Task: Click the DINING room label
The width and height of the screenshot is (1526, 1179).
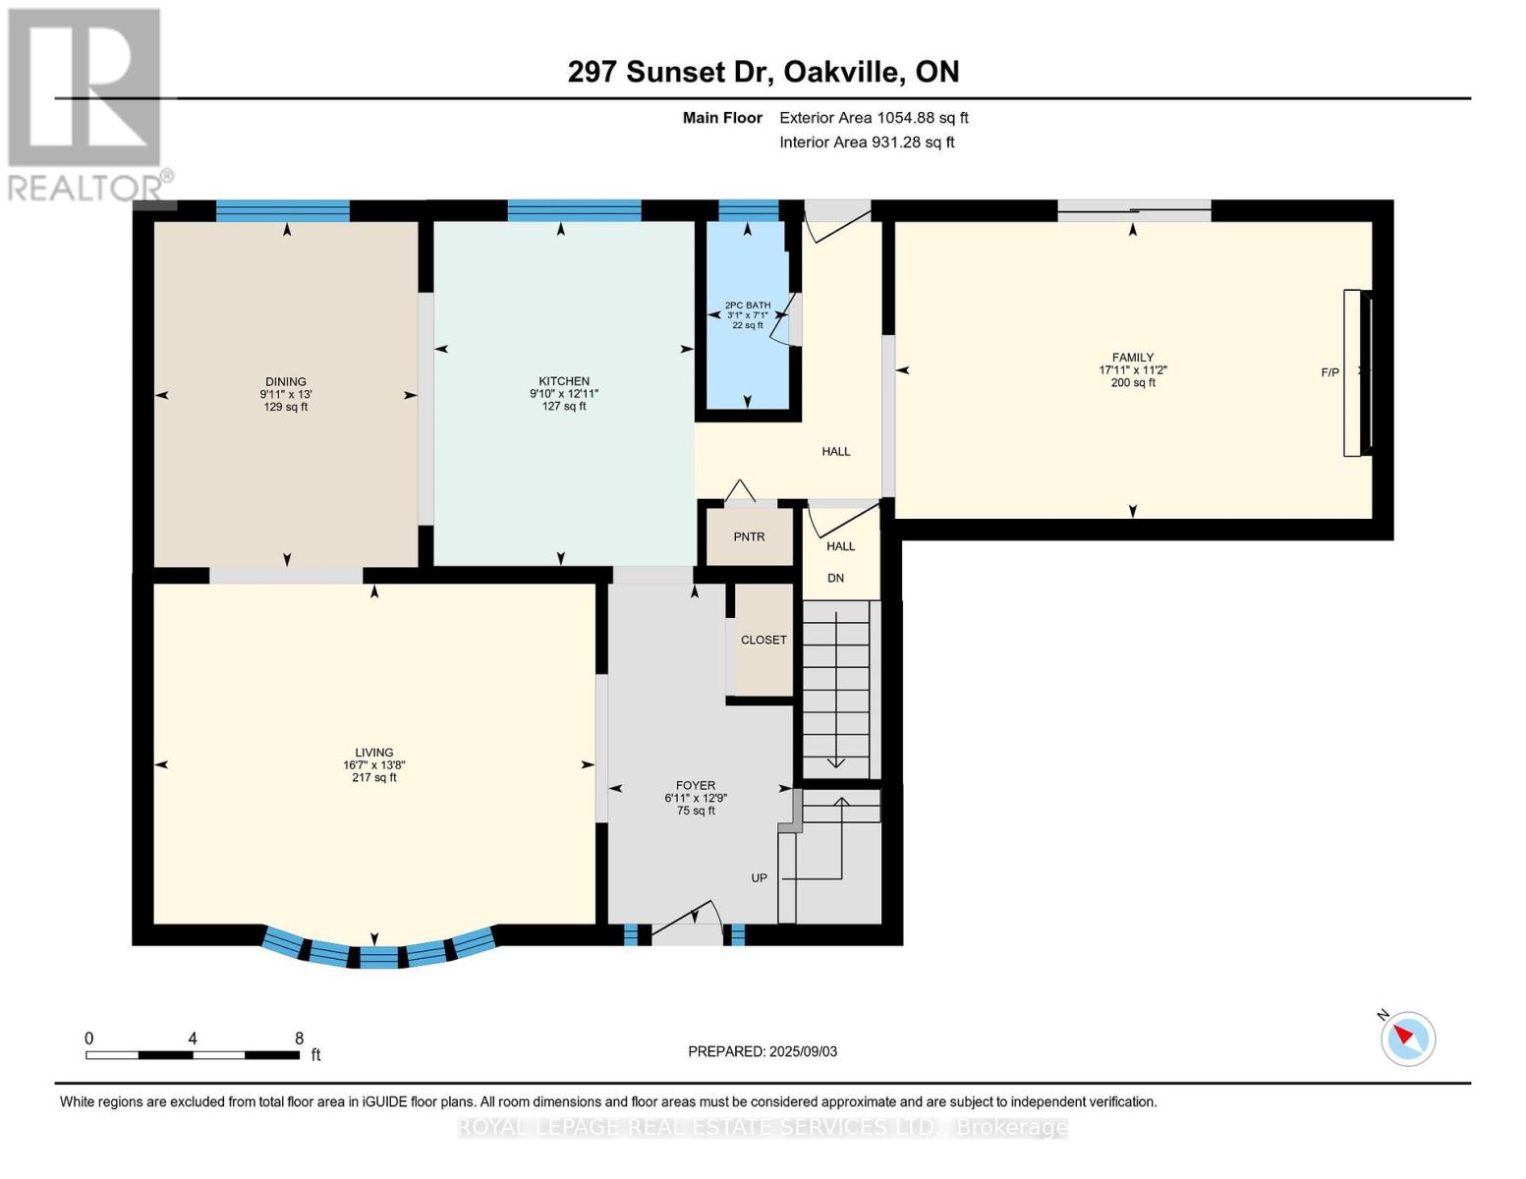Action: point(286,381)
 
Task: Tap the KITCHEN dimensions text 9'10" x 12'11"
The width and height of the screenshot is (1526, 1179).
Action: point(564,394)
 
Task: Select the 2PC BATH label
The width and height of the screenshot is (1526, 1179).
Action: point(748,306)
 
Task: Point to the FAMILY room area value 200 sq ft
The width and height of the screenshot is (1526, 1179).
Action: point(1132,383)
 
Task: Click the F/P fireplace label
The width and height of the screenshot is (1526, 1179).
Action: point(1329,372)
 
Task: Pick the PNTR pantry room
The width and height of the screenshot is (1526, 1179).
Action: point(749,536)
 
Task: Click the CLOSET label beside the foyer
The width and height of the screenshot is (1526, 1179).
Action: point(763,640)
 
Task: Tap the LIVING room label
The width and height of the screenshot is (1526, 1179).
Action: point(374,753)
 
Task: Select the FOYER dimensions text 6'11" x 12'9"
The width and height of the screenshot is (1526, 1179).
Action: point(696,799)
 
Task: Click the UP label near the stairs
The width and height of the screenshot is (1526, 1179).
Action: point(760,878)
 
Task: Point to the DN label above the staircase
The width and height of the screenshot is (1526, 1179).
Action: point(835,579)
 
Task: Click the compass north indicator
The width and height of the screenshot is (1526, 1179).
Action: point(1408,1038)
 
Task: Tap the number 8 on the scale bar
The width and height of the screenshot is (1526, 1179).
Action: point(299,1039)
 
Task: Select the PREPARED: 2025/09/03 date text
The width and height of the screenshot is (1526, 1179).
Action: point(763,1051)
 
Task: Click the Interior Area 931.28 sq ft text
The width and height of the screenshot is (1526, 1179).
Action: point(867,142)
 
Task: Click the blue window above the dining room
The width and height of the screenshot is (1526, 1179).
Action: point(283,210)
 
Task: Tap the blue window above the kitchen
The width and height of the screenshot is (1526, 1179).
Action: point(574,210)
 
